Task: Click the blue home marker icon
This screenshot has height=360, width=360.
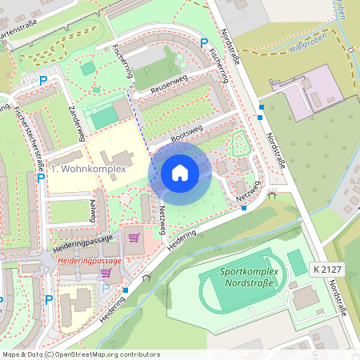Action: (180, 172)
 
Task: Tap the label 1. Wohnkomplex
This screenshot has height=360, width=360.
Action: (89, 170)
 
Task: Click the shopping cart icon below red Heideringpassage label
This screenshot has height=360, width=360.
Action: (105, 273)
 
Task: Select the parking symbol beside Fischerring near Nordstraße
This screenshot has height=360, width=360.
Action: (203, 42)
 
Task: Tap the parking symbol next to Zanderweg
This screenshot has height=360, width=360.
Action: (43, 80)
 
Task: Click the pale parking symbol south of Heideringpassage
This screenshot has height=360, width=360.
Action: (105, 289)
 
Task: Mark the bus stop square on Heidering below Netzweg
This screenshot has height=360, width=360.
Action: (244, 208)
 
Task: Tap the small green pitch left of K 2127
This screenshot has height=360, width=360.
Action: (296, 262)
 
